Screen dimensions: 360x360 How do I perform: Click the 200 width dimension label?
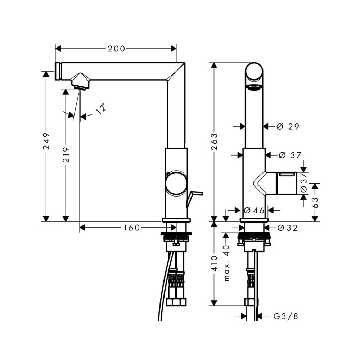click(x=116, y=49)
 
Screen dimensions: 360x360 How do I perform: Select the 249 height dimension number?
click(x=46, y=141)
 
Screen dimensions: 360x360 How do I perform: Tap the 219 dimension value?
click(x=66, y=155)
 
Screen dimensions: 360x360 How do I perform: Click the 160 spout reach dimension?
click(x=132, y=228)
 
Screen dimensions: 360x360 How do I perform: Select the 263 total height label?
click(x=214, y=141)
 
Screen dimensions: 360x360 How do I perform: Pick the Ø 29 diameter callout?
click(x=288, y=126)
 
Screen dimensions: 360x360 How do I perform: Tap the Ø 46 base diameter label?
click(x=254, y=210)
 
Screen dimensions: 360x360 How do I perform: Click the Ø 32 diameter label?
click(x=287, y=228)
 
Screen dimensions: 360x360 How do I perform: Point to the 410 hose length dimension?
click(x=214, y=264)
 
